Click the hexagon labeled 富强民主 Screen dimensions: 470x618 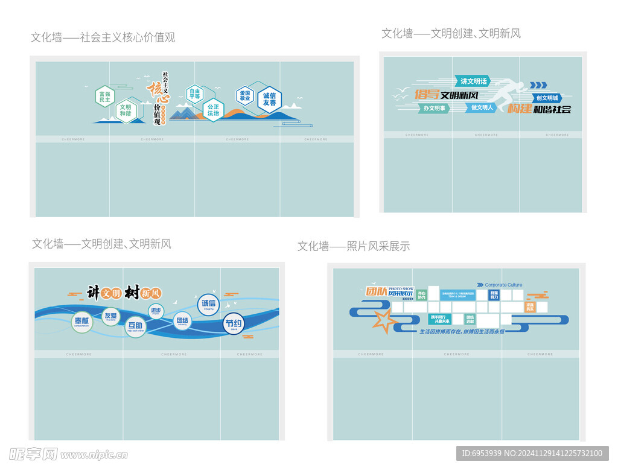click(x=104, y=97)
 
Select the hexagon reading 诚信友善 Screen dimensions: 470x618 click(x=269, y=100)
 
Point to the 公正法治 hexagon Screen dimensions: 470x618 click(x=213, y=110)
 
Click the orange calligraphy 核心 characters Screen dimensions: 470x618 click(x=155, y=94)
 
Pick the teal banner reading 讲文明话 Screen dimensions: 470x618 click(x=473, y=81)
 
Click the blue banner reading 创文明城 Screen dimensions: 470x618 click(x=547, y=98)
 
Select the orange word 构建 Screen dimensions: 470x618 click(x=519, y=109)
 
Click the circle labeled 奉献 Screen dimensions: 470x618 click(x=81, y=322)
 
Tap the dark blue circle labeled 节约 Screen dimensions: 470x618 click(x=233, y=324)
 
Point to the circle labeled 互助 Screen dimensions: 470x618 click(x=135, y=327)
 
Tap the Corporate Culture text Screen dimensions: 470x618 click(x=503, y=285)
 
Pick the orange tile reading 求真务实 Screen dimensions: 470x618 click(x=530, y=306)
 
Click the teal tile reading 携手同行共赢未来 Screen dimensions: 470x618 click(x=439, y=319)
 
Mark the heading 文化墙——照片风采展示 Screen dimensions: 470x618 click(x=353, y=246)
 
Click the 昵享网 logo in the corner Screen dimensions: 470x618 click(x=33, y=454)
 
